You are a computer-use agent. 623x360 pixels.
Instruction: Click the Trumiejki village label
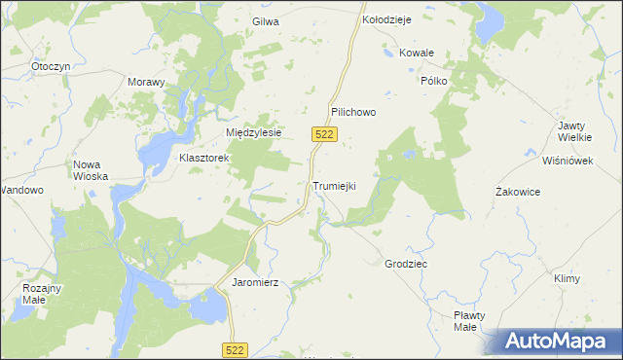coord(335,186)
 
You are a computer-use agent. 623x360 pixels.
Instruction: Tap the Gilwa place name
coord(266,21)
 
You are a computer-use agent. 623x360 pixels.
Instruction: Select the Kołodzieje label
coord(387,18)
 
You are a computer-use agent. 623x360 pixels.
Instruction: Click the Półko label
coord(433,81)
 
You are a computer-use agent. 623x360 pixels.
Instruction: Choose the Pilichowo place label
coord(352,112)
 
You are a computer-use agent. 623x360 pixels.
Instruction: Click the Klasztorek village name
coord(203,157)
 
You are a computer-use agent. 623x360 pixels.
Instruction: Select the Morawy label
coord(147,82)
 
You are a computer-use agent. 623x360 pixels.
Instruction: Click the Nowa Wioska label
coord(91,170)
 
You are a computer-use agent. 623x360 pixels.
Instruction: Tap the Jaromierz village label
coord(256,282)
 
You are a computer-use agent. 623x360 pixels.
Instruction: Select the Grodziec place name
coord(406,264)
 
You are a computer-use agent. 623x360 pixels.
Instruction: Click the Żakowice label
coord(518,192)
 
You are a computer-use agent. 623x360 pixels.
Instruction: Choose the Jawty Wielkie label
coord(577,132)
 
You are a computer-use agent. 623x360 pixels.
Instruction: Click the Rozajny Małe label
coord(42,294)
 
